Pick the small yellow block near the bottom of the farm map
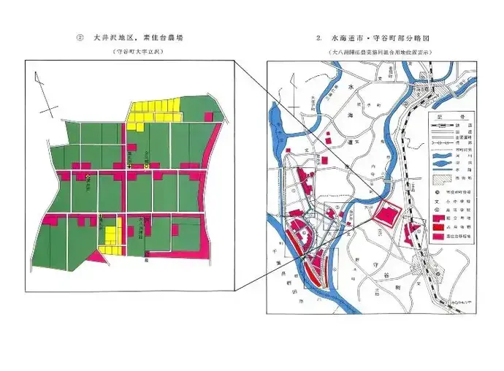(x=110, y=235)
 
